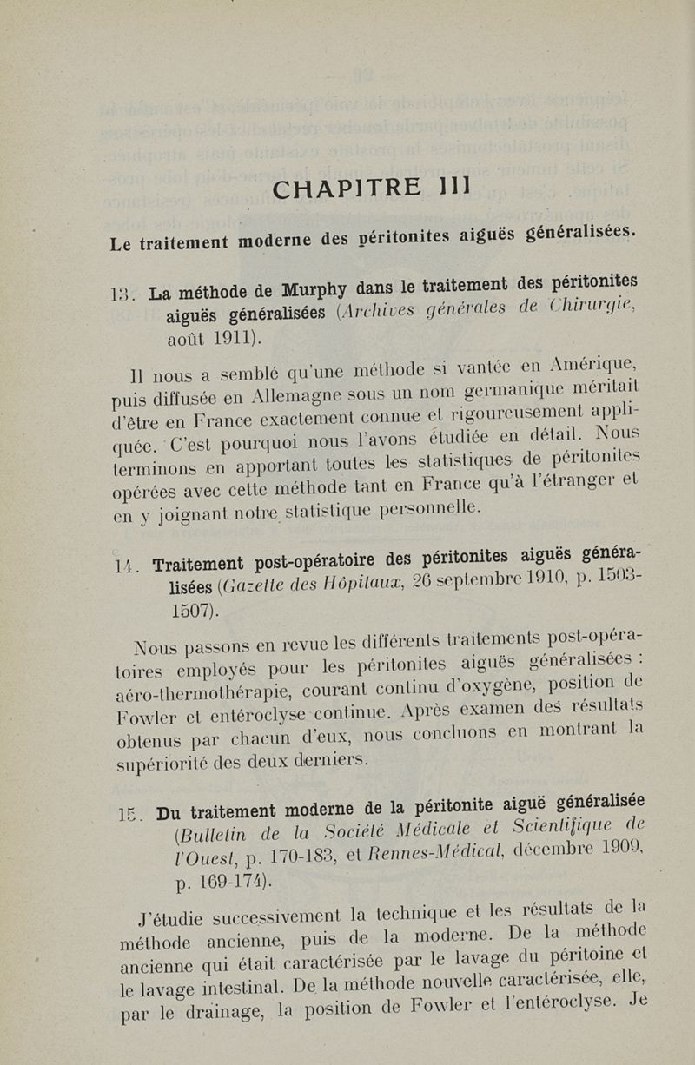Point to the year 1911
(234, 335)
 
